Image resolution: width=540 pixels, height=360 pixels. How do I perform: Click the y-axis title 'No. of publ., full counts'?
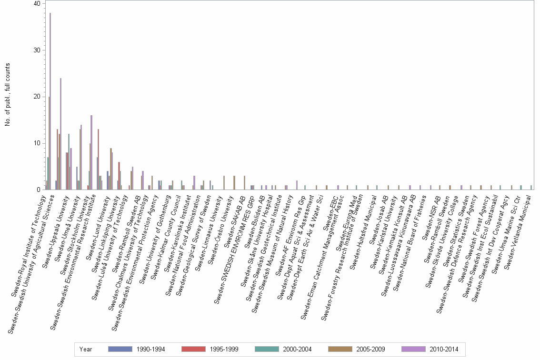click(x=8, y=95)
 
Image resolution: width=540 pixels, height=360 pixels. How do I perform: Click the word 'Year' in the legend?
click(x=86, y=349)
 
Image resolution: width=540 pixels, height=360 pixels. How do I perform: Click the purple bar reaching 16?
click(x=91, y=152)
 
